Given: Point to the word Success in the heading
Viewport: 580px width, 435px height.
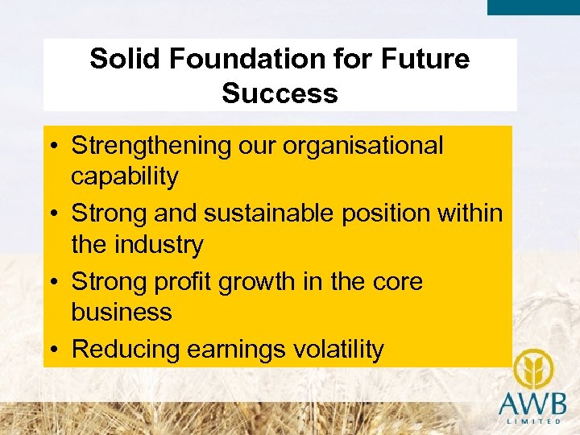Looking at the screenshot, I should click(280, 93).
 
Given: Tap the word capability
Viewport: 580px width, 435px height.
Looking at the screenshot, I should click(125, 176).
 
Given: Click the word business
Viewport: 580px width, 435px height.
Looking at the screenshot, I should click(122, 312).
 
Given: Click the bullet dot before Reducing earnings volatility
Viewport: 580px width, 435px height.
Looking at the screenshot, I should click(54, 350).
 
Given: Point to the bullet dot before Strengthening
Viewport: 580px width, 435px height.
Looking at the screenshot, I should click(54, 147).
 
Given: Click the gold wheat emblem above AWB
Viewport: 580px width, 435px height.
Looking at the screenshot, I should click(532, 370).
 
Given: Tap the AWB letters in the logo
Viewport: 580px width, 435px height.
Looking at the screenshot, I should click(532, 403).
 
